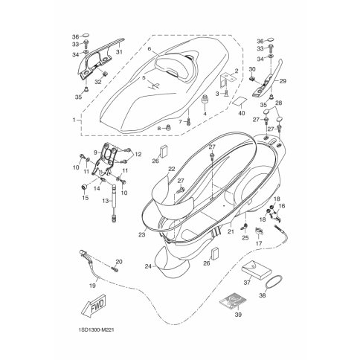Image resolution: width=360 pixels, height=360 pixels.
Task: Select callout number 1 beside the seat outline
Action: click(x=73, y=119)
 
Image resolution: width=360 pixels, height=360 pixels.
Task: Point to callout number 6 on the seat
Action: click(x=149, y=49)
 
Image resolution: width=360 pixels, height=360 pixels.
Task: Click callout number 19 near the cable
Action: click(x=92, y=285)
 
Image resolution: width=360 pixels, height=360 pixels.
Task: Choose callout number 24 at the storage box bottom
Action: click(x=149, y=266)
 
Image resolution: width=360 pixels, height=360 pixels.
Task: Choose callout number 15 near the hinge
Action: click(x=83, y=198)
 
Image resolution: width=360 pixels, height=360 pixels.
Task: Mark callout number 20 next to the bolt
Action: click(x=118, y=262)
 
